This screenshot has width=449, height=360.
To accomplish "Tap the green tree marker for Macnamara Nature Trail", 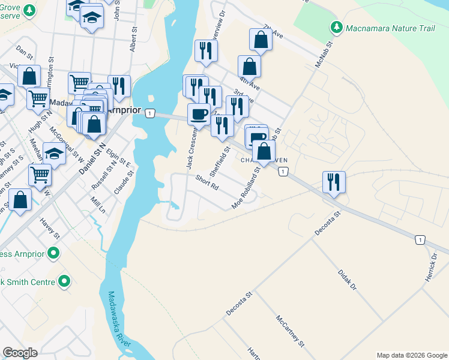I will pos(336,28).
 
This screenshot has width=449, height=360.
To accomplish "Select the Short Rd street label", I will pos(206,182).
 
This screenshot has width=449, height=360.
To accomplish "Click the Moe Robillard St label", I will pos(246,189).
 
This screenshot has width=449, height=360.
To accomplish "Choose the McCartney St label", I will pos(291,331).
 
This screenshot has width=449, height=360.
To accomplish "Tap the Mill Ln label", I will pos(98,206).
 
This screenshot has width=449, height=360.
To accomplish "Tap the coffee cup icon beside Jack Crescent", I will pos(198,113).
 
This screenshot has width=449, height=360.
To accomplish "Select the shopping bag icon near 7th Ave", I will pos(261,40).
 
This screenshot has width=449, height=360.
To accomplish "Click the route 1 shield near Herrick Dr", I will pos(421,240).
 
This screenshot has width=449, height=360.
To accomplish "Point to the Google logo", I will pos(20,353).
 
